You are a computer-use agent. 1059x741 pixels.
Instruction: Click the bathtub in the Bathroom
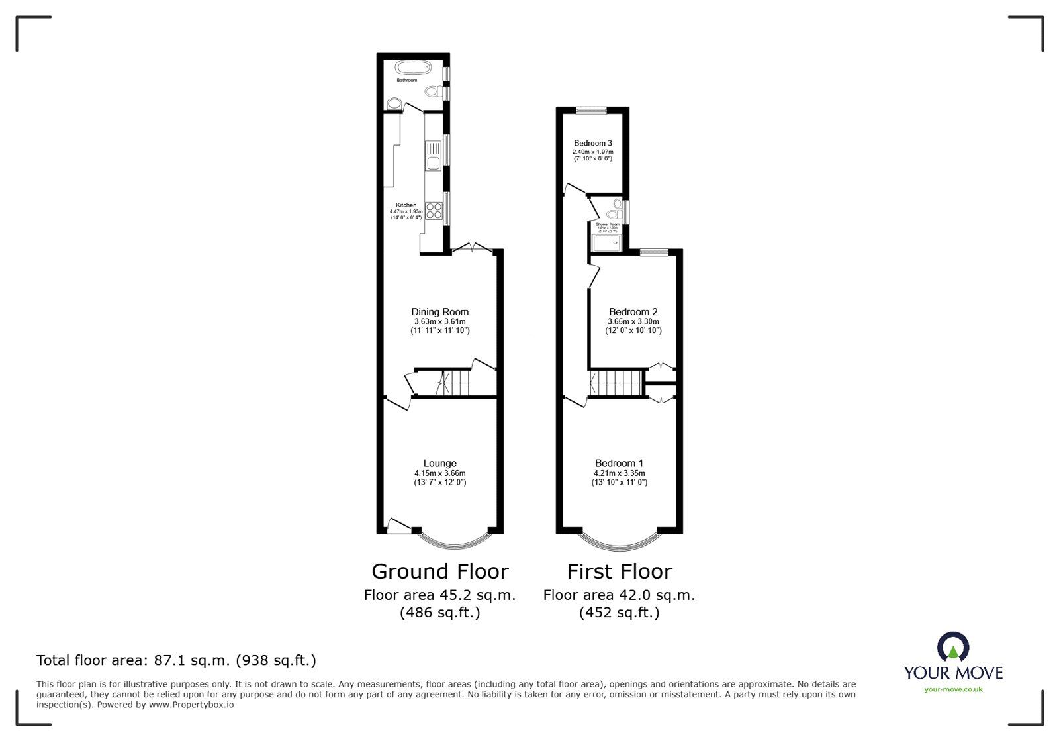tap(413, 68)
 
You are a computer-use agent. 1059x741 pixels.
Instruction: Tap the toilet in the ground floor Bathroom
tap(434, 91)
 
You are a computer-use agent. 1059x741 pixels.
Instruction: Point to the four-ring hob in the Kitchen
tap(434, 211)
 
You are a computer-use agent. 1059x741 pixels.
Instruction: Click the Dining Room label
tap(439, 312)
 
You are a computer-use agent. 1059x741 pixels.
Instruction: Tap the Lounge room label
tap(440, 464)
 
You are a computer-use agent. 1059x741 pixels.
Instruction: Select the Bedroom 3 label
tap(592, 143)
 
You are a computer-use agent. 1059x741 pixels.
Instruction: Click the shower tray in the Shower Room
tap(607, 244)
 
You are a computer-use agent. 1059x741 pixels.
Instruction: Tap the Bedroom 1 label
tap(619, 464)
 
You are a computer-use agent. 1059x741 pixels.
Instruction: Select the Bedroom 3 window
tap(591, 111)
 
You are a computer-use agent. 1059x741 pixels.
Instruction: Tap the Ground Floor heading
tap(439, 571)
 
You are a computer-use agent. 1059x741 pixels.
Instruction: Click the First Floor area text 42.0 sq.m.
tap(619, 595)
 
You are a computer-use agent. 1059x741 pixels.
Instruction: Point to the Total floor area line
tap(176, 660)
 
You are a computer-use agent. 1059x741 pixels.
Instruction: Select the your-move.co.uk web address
tap(953, 689)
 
